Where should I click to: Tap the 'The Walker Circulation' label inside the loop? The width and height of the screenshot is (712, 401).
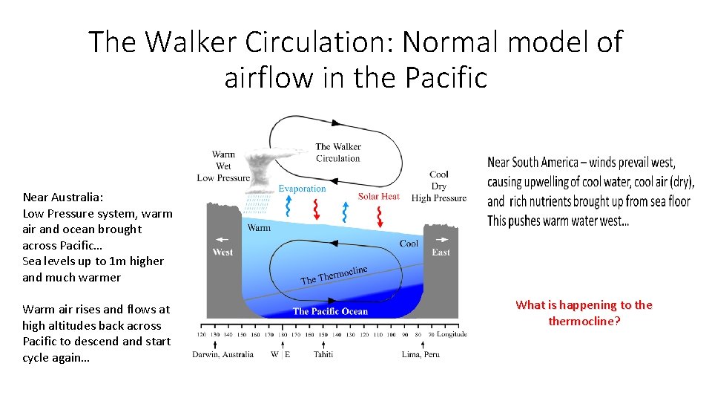click(x=337, y=152)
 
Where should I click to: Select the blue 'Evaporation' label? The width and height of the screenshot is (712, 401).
click(x=302, y=189)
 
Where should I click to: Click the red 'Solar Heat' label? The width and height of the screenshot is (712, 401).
click(x=378, y=196)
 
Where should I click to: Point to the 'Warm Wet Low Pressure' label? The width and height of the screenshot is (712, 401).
click(x=223, y=166)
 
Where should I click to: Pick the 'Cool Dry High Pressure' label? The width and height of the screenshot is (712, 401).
click(x=438, y=186)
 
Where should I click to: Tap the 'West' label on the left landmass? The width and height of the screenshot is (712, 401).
click(x=222, y=252)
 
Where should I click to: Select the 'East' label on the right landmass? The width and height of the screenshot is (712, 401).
click(x=441, y=252)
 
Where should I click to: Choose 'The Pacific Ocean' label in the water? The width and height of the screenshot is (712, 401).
click(x=330, y=311)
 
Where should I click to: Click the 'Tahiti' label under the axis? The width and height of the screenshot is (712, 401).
click(x=323, y=354)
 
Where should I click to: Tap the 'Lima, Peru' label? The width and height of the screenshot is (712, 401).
click(x=421, y=354)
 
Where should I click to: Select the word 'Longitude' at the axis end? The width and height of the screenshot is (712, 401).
click(x=452, y=334)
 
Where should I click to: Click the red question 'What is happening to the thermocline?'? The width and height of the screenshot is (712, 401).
click(x=584, y=313)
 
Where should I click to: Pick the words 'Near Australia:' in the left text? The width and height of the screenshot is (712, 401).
click(x=63, y=197)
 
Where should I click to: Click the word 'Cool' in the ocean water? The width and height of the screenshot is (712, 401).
click(x=409, y=243)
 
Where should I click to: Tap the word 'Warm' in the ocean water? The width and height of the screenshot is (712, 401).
click(x=258, y=227)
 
